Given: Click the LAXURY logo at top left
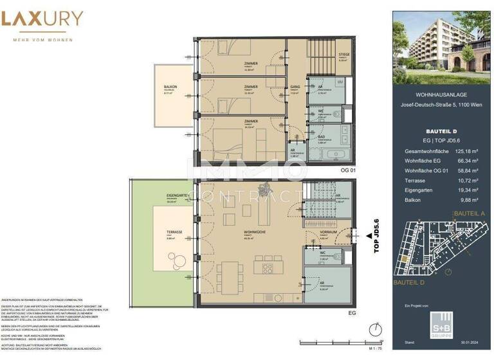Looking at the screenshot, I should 42,21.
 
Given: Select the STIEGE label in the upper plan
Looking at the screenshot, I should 344,55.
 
